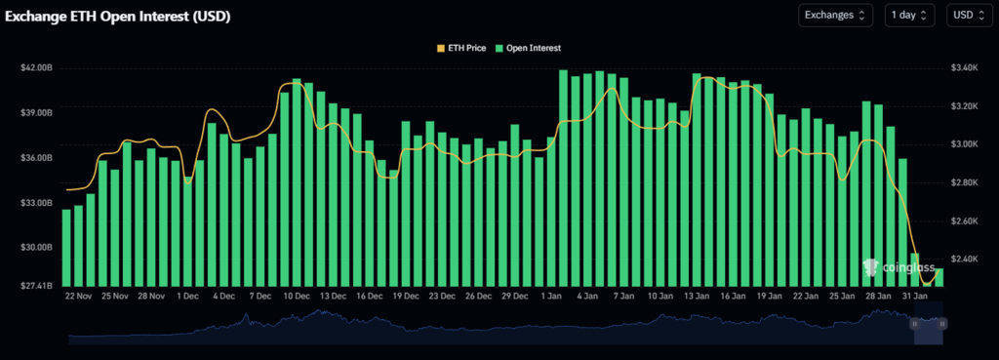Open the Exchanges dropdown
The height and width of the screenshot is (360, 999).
834,15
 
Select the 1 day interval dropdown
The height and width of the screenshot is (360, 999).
909,15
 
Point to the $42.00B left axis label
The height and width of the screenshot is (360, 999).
36,68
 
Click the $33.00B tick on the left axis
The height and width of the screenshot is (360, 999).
36,203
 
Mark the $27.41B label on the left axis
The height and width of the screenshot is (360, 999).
36,285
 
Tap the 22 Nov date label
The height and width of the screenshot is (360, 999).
79,295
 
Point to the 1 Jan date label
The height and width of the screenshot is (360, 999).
551,295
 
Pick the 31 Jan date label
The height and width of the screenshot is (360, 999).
913,295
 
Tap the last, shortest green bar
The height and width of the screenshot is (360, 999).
939,277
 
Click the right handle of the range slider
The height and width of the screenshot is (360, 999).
942,323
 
